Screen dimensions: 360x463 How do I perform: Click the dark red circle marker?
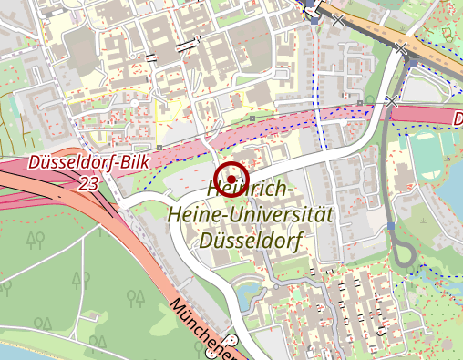[x=233, y=179]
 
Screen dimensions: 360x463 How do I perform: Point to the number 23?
[x=88, y=184]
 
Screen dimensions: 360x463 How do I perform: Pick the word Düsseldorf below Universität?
[x=251, y=242]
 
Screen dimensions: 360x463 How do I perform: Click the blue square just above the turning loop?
[x=391, y=225]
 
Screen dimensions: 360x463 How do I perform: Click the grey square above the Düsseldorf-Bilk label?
[x=159, y=146]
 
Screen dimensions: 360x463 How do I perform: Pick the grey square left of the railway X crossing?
[x=361, y=102]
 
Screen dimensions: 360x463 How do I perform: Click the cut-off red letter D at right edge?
[x=458, y=119]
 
